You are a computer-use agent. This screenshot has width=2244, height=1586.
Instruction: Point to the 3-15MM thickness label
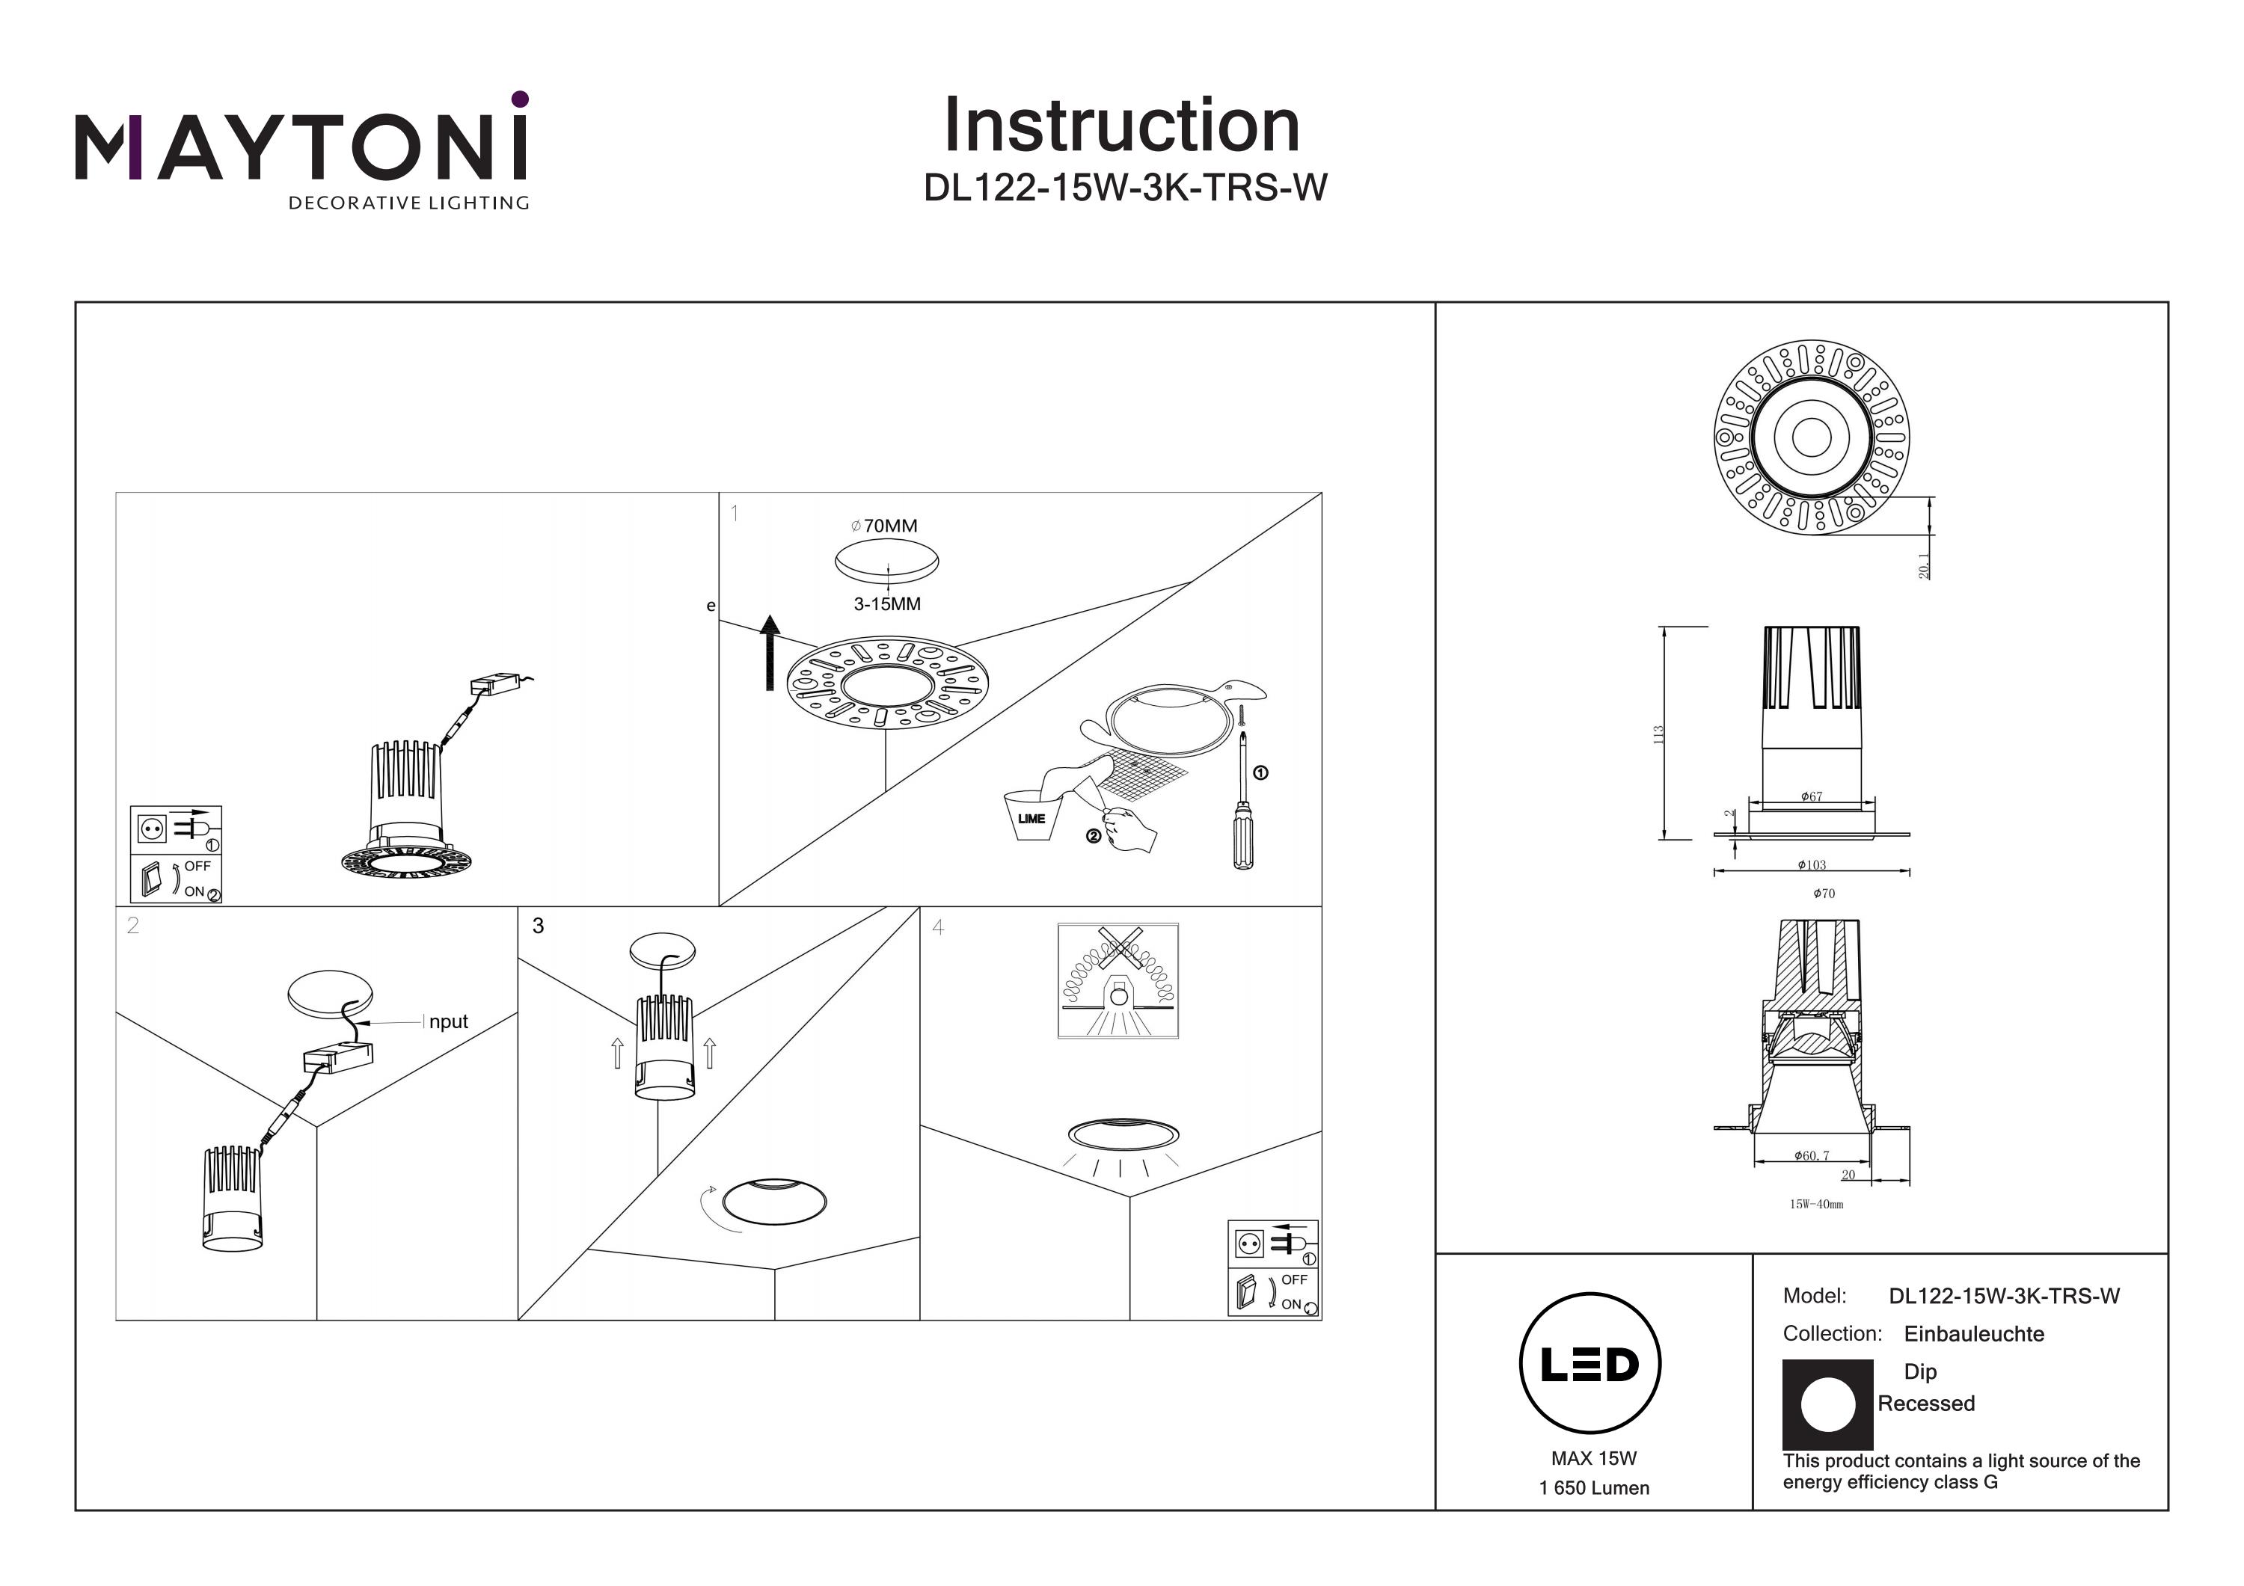point(886,604)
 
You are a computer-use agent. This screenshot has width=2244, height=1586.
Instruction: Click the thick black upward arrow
point(770,652)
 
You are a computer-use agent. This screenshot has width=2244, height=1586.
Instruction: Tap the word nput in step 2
point(449,1021)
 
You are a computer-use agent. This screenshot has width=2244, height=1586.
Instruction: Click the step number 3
point(538,926)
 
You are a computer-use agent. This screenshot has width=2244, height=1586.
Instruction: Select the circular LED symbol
point(1589,1363)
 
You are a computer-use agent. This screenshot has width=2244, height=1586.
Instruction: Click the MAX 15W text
point(1593,1458)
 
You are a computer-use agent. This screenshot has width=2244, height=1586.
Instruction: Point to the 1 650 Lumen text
point(1593,1488)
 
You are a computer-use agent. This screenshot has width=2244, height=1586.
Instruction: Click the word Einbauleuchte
point(1973,1334)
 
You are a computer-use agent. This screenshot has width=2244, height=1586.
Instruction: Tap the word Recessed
point(1925,1404)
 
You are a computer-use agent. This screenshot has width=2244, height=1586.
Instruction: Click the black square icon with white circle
point(1827,1404)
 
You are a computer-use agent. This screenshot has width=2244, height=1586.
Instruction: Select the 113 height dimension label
point(1658,734)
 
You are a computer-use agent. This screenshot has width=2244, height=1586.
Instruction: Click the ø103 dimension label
point(1811,865)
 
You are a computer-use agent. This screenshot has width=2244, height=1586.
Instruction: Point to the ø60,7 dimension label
point(1811,1156)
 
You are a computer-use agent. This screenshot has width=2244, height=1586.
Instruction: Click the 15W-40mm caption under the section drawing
point(1816,1204)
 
